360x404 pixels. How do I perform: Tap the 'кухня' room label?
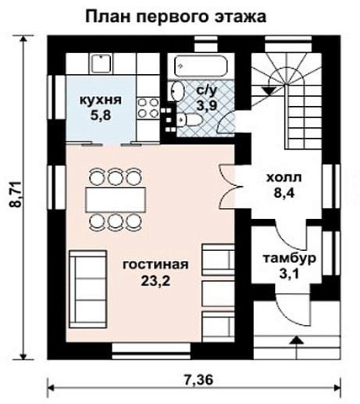pos(101,100)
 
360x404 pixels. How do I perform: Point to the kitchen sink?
pos(102,62)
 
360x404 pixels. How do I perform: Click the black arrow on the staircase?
pos(271,84)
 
